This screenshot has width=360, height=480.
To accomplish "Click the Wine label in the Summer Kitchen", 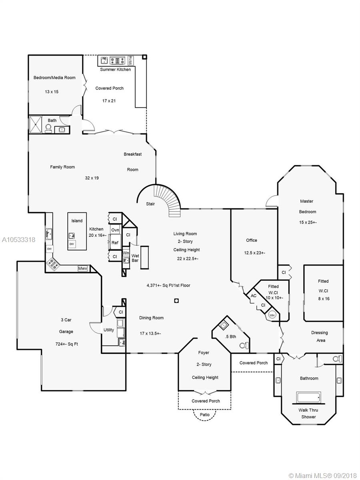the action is (x=130, y=60).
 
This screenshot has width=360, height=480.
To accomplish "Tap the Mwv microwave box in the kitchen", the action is (x=83, y=268).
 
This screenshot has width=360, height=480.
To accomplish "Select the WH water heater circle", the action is (x=272, y=315).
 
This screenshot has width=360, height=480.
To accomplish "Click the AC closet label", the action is (x=254, y=296).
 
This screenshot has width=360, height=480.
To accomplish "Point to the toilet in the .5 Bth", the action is (x=244, y=345).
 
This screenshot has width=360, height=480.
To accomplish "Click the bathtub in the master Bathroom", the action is (x=308, y=397).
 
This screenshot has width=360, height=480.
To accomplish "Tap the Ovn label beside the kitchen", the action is (x=115, y=230).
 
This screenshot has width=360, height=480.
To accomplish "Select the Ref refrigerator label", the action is (x=115, y=242).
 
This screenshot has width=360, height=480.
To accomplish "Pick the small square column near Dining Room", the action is (x=176, y=301).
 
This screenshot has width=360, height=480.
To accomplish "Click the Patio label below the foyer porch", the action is (x=204, y=414).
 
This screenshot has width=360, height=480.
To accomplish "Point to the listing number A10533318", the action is (x=18, y=240).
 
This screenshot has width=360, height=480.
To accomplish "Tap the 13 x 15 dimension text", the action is (x=52, y=92).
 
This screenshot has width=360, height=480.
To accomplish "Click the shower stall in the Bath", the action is (x=36, y=124).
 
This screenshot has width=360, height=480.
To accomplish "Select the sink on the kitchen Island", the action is (x=72, y=236).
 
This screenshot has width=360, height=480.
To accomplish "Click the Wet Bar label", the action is (x=135, y=258).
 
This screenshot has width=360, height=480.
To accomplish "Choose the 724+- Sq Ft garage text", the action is (x=67, y=344).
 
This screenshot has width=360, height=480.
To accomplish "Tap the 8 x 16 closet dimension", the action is (x=324, y=299).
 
